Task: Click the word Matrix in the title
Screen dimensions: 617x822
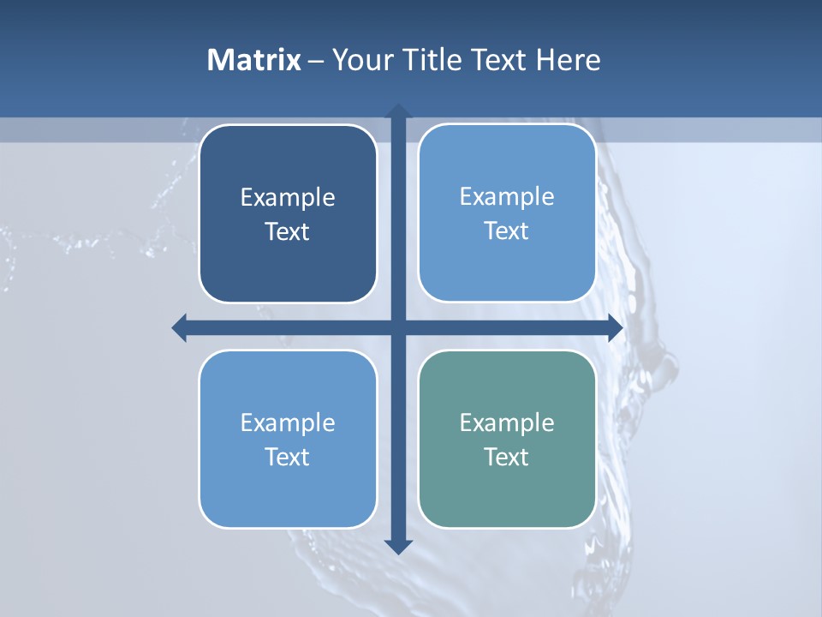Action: point(253,60)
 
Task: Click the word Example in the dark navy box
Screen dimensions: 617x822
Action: point(288,198)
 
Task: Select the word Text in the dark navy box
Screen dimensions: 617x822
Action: point(288,232)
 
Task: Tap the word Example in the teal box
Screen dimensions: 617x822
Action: point(507,422)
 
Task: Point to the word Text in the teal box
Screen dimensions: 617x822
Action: point(507,457)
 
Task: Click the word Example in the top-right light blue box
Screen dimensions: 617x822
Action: point(507,197)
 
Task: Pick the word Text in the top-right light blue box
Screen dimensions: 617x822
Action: point(507,231)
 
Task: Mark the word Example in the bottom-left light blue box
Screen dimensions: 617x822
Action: point(288,422)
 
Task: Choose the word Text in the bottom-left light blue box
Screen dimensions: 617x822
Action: point(288,457)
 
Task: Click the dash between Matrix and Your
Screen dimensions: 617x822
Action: point(316,62)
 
